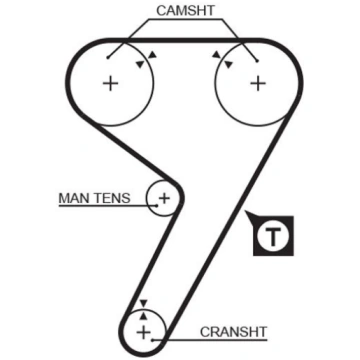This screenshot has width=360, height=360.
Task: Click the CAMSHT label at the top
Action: [186, 11]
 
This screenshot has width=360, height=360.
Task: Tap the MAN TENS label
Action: [94, 198]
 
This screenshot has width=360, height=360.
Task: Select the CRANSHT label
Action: [234, 332]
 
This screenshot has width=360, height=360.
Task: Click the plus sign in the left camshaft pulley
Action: [110, 83]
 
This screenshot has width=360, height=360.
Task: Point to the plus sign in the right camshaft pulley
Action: [258, 83]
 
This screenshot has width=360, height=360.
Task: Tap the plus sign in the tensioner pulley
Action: [164, 198]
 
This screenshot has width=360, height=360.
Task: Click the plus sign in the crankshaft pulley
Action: [144, 332]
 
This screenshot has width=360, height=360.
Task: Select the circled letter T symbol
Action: [273, 236]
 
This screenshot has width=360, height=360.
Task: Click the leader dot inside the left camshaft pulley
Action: [108, 58]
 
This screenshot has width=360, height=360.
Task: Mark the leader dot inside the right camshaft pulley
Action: [257, 60]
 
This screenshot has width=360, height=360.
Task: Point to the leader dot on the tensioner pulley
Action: [158, 205]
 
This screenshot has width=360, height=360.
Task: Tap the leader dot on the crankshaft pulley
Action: [152, 340]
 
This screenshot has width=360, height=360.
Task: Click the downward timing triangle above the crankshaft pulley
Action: [143, 303]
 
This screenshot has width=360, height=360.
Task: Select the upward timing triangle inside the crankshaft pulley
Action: [143, 315]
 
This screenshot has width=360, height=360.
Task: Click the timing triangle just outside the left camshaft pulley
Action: [152, 55]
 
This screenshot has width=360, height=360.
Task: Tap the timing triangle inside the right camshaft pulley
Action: [228, 64]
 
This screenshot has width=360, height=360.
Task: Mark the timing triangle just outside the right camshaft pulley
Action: [217, 55]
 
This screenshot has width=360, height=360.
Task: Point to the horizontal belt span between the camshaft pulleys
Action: [184, 41]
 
